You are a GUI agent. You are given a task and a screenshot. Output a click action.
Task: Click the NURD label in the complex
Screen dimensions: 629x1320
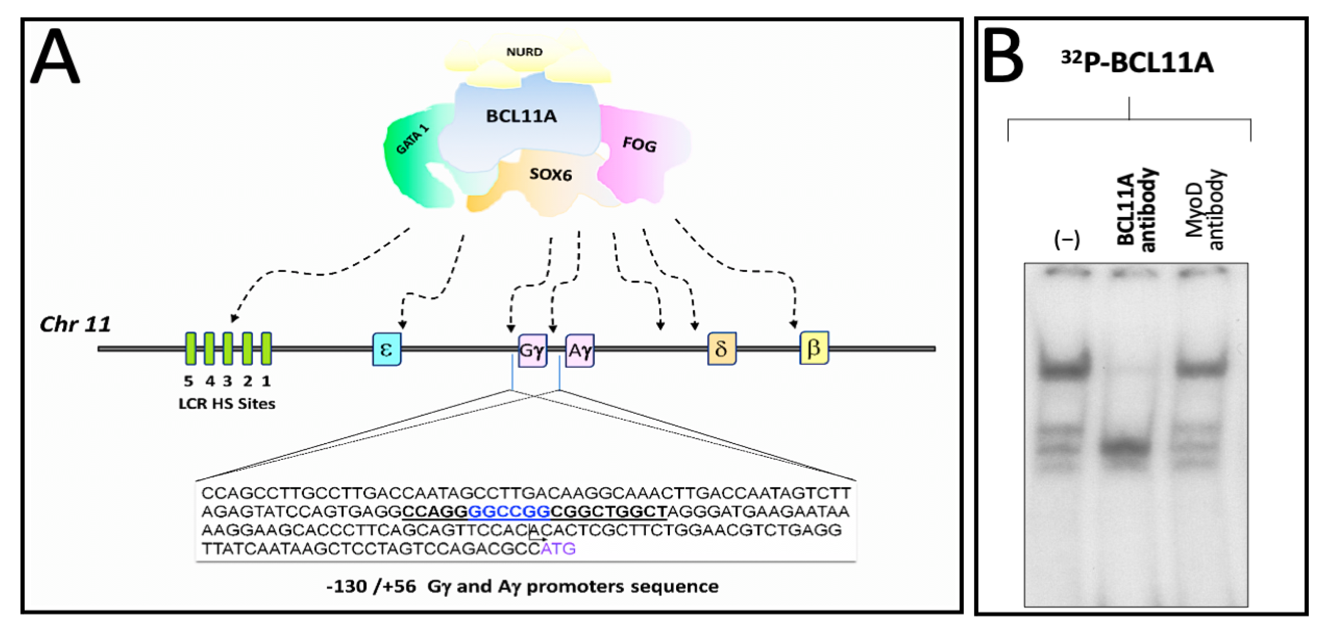click(524, 52)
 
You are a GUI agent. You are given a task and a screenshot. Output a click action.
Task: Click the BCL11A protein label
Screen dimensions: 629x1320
click(521, 116)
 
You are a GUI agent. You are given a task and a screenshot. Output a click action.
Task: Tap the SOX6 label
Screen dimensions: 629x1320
click(550, 174)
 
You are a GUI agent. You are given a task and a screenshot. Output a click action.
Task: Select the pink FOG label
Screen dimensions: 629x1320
click(639, 145)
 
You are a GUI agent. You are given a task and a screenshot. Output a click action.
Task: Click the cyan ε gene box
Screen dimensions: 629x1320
click(387, 349)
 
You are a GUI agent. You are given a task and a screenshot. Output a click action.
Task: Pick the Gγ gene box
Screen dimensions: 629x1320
click(532, 351)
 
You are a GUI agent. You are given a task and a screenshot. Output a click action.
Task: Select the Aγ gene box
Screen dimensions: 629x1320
click(579, 351)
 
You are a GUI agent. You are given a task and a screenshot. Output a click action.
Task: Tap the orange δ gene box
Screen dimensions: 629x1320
click(721, 349)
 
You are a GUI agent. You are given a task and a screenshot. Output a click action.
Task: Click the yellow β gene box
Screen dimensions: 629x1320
click(814, 348)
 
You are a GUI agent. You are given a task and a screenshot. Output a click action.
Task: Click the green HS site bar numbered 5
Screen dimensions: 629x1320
click(191, 349)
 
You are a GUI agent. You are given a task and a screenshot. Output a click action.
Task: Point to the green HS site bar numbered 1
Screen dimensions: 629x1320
click(266, 349)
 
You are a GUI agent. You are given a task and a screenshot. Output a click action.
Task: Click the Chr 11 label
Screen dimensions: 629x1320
click(75, 324)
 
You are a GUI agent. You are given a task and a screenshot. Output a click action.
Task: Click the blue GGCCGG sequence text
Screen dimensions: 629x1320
click(509, 512)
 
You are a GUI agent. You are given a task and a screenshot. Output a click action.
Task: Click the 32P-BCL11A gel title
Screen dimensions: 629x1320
click(1137, 63)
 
